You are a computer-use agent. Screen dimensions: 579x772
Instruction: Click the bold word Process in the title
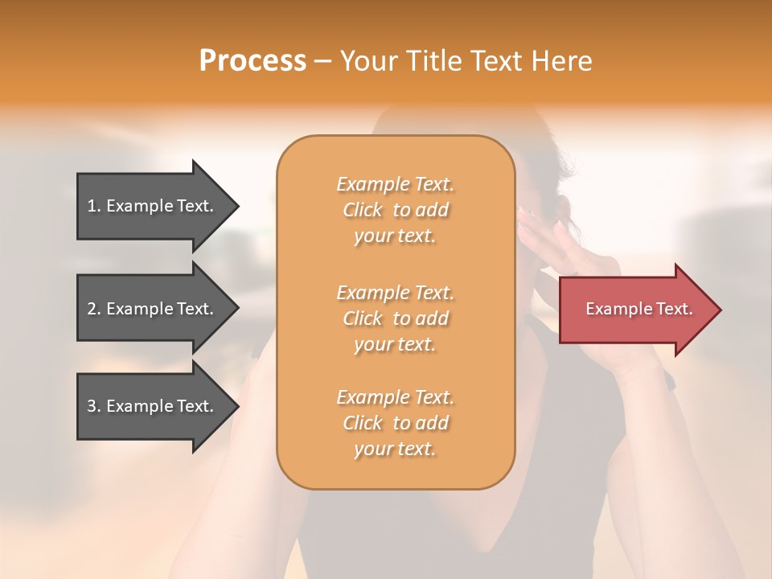click(x=253, y=61)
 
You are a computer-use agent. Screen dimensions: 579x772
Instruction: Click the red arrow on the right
click(x=635, y=310)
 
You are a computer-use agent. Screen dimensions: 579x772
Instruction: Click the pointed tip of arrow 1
click(x=236, y=206)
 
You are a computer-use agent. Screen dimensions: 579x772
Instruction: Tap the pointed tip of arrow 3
click(x=236, y=406)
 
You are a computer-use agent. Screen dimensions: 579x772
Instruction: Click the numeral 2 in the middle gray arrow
click(x=92, y=309)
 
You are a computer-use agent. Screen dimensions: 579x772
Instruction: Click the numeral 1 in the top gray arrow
click(x=92, y=206)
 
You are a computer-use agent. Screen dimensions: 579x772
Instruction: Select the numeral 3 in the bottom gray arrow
click(x=92, y=406)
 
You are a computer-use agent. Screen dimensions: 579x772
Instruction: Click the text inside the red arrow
click(x=639, y=309)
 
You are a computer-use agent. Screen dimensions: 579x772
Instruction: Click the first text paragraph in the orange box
click(x=395, y=210)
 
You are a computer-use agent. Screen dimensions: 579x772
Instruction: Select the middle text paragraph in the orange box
click(x=395, y=318)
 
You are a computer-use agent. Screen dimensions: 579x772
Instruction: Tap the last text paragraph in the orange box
click(x=395, y=423)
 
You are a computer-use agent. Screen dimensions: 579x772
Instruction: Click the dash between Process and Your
click(x=322, y=62)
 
